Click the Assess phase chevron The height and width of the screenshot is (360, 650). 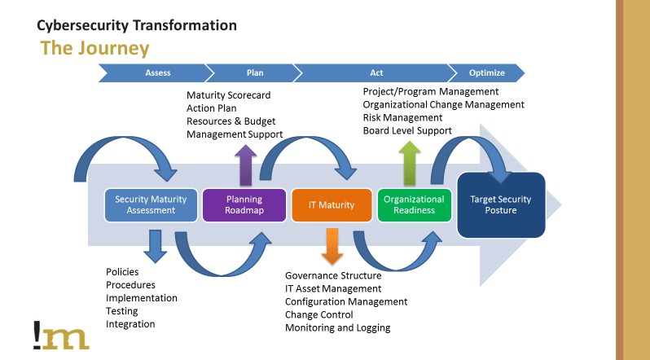tap(156, 72)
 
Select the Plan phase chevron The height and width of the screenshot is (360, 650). tap(254, 72)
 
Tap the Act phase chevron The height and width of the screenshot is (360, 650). tap(376, 72)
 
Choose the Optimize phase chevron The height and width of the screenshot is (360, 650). tap(487, 72)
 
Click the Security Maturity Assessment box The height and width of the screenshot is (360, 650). tap(151, 204)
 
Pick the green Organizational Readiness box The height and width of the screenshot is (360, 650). tap(414, 204)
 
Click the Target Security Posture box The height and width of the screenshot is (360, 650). tap(500, 204)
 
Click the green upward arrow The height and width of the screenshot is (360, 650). tap(411, 162)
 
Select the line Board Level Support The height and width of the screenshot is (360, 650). tap(406, 130)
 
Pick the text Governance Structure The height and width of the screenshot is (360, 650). tap(332, 275)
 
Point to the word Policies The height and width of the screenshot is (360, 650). tap(122, 271)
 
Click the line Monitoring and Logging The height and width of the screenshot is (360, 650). tap(337, 327)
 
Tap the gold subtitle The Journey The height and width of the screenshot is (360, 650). tap(94, 48)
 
